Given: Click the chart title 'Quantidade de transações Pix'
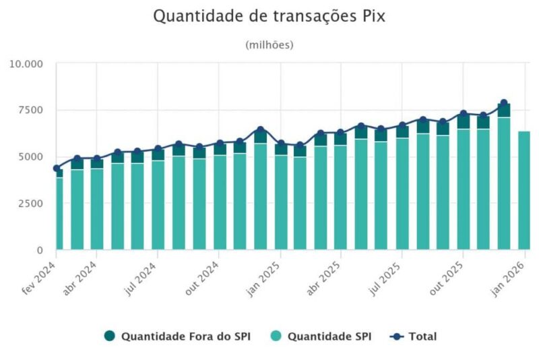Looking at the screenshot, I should pos(269,16).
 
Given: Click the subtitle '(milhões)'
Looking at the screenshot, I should pos(269,45).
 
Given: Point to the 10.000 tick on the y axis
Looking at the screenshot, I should pos(26,64).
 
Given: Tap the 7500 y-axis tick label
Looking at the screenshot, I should pos(30,110).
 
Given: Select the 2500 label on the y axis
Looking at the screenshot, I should pos(30,203).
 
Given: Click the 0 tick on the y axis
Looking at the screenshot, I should pos(40,250).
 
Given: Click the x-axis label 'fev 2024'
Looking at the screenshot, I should pos(39,278).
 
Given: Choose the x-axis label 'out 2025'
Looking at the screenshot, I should pos(446,277).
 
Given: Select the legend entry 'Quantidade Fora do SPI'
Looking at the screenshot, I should pos(178,336).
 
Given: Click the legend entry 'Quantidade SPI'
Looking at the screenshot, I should pos(329,336).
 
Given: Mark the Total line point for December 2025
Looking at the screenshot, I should pos(503,103).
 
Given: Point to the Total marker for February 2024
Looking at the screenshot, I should pos(57,169).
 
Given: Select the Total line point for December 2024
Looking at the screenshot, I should pos(260,129).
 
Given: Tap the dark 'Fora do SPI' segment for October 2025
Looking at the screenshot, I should pos(464,122).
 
